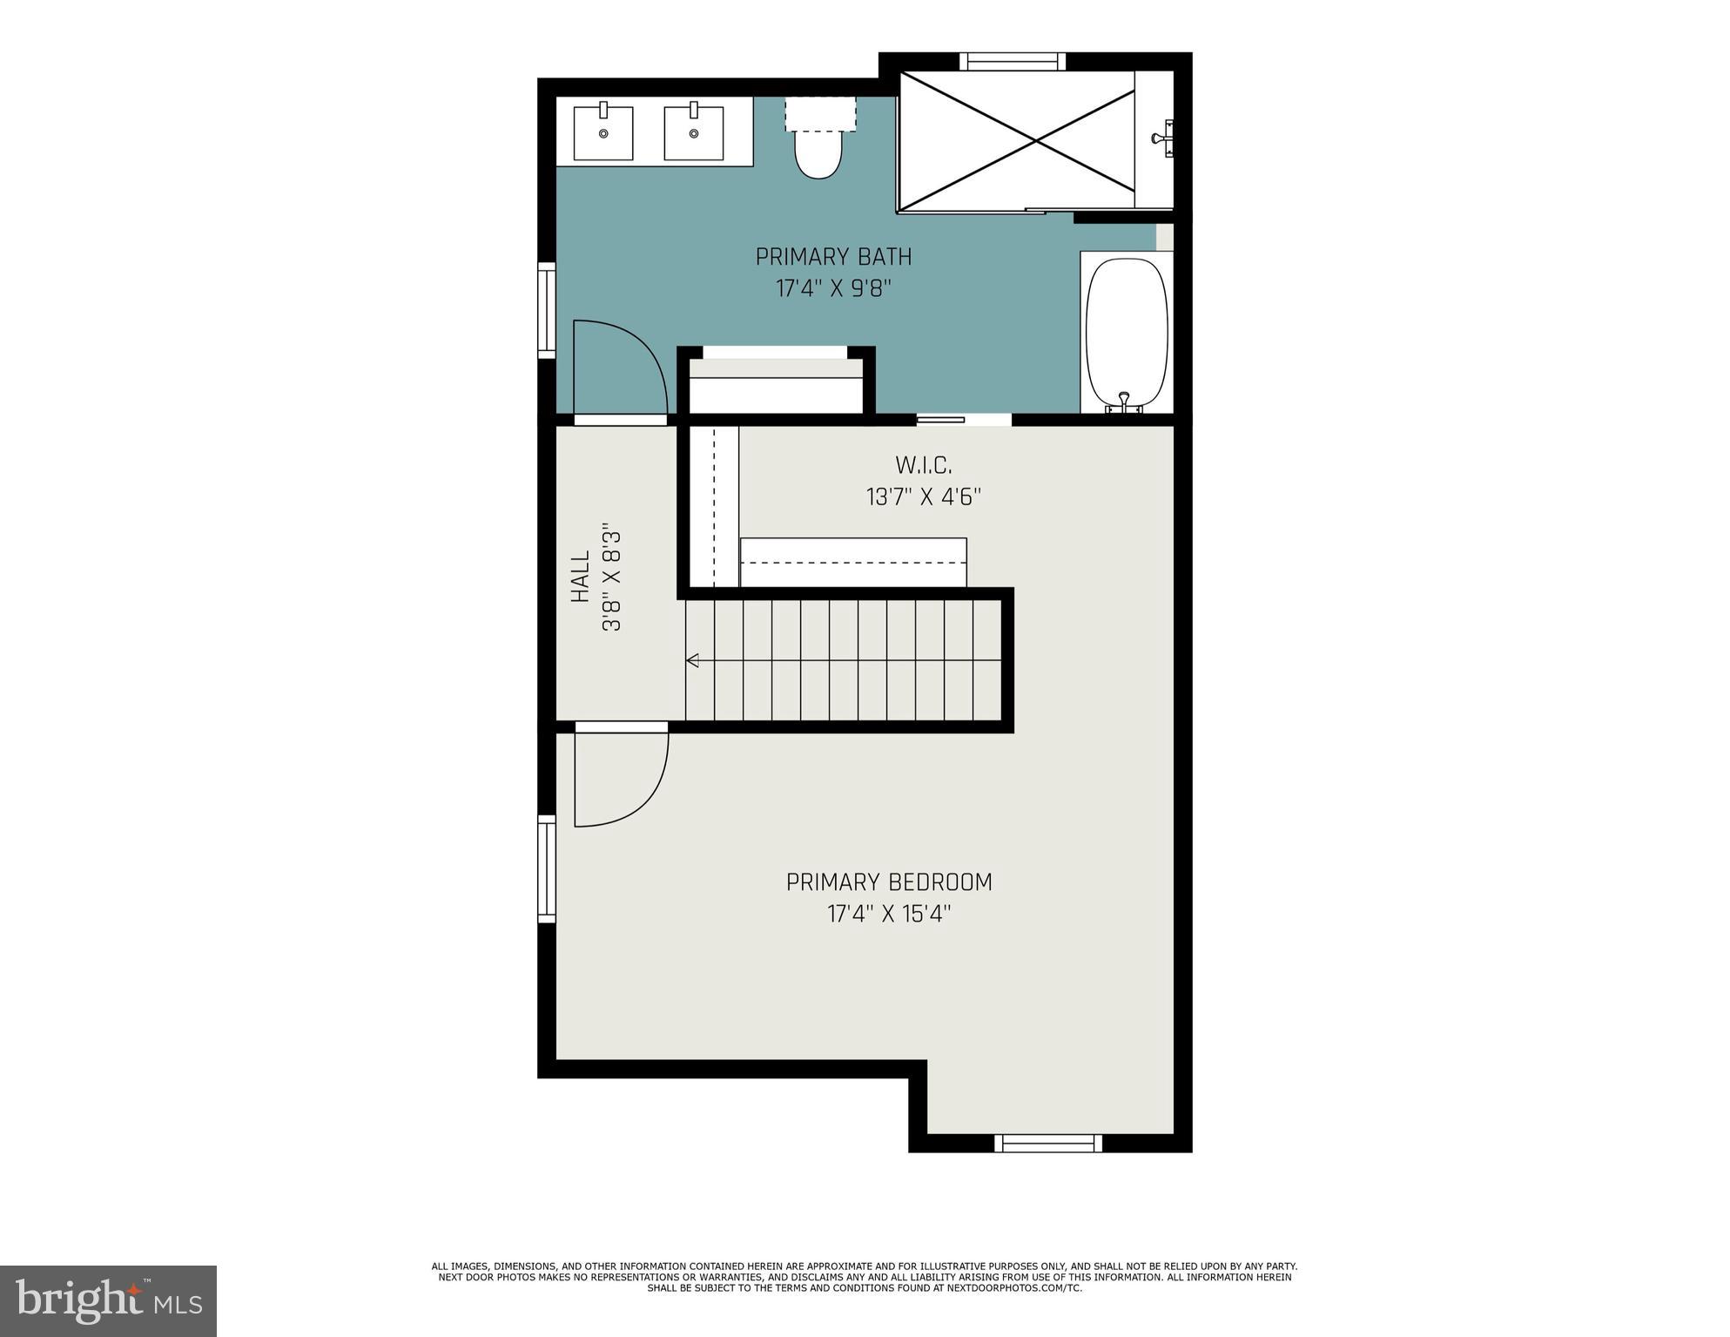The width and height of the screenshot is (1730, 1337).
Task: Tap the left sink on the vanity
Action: click(603, 133)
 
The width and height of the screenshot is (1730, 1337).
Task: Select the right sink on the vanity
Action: click(694, 133)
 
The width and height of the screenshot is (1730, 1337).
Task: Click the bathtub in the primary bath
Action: click(1126, 332)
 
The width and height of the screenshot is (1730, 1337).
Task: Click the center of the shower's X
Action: click(1016, 139)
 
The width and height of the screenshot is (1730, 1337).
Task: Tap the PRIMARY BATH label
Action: click(833, 257)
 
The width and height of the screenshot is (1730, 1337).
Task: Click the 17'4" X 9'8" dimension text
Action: click(833, 288)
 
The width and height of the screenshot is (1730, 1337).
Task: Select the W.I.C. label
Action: click(923, 464)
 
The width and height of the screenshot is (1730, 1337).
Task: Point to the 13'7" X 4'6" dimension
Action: click(923, 497)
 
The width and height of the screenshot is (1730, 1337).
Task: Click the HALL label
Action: click(581, 577)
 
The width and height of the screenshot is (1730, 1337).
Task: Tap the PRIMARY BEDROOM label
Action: click(889, 882)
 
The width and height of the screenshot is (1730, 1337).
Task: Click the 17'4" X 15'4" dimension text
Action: click(889, 914)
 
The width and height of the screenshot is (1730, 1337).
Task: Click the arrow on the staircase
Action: click(693, 660)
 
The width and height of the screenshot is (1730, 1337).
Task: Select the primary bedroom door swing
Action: click(619, 778)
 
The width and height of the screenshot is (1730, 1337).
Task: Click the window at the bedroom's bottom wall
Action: click(1048, 1143)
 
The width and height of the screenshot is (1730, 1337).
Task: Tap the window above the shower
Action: click(1013, 61)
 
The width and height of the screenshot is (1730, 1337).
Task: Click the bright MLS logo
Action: click(108, 1300)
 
